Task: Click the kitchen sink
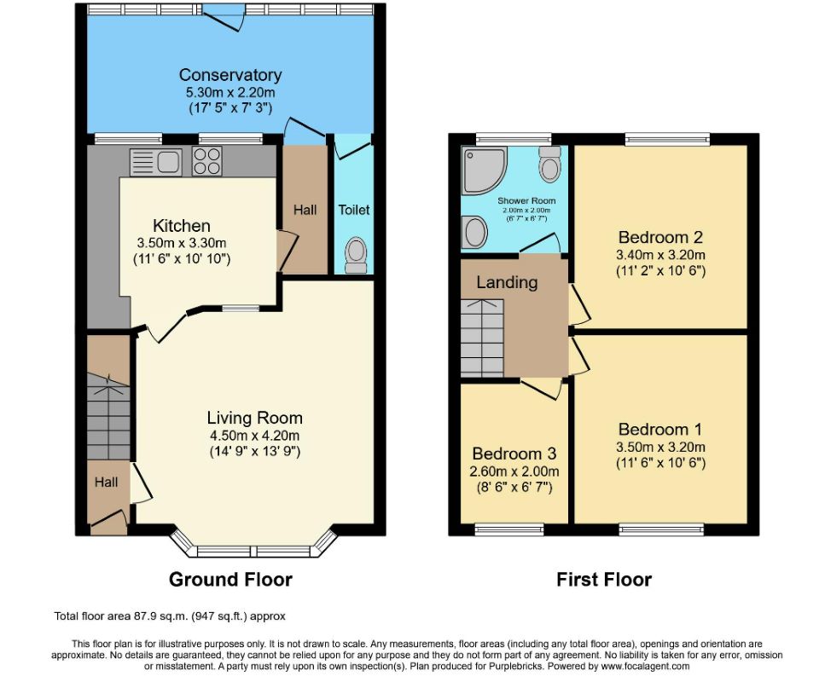coord(156,162)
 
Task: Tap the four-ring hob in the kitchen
coord(206,161)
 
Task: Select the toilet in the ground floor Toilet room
coord(357,256)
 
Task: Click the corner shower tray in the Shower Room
coord(485,170)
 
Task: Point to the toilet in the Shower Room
coord(550,165)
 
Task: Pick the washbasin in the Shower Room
coord(474,232)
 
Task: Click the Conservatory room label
coord(230,75)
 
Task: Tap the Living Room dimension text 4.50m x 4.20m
coord(254,436)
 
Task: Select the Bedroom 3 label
coord(514,454)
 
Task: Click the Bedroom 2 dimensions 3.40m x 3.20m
coord(661,255)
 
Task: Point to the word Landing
coord(508,282)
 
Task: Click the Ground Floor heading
coord(230,580)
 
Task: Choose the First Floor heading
coord(604,580)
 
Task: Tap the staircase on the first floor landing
coord(483,338)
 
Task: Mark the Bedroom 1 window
coord(661,529)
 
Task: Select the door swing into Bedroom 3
coord(542,389)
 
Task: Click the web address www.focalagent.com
coord(645,666)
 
